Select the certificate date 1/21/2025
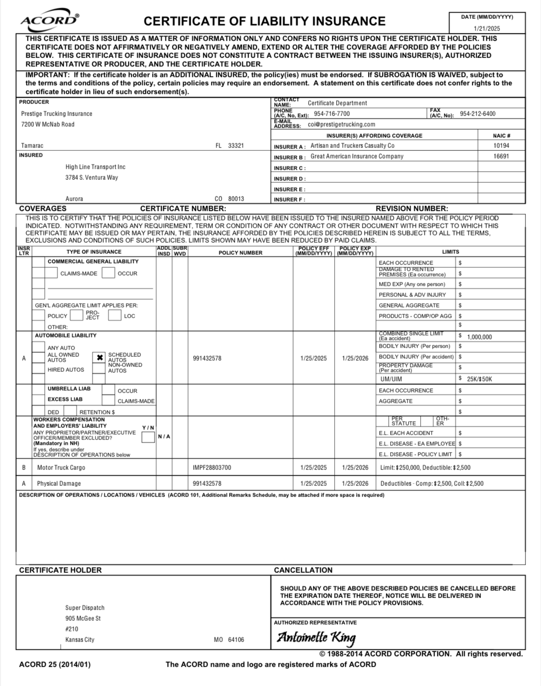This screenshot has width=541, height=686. pyautogui.click(x=487, y=29)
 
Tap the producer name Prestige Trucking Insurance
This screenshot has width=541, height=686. pyautogui.click(x=57, y=114)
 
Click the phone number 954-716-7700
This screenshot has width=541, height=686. pyautogui.click(x=332, y=114)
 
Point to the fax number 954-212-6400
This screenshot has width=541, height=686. pyautogui.click(x=477, y=114)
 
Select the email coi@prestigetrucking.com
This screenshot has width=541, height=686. pyautogui.click(x=341, y=124)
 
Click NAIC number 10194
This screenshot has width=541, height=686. pyautogui.click(x=501, y=146)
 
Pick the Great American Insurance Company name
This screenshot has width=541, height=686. pyautogui.click(x=356, y=156)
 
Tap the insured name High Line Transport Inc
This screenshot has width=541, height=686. pyautogui.click(x=95, y=167)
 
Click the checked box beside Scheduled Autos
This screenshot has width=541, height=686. pyautogui.click(x=99, y=358)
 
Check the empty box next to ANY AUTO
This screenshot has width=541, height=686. pyautogui.click(x=39, y=347)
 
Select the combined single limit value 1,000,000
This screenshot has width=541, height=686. pyautogui.click(x=479, y=337)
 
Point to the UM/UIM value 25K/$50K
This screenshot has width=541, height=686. pyautogui.click(x=479, y=379)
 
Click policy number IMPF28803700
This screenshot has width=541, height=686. pyautogui.click(x=212, y=467)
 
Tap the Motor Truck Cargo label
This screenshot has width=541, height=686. pyautogui.click(x=61, y=467)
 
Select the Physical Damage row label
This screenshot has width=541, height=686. pyautogui.click(x=59, y=483)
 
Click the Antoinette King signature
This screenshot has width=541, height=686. pyautogui.click(x=316, y=638)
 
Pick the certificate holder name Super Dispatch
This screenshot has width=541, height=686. pyautogui.click(x=85, y=608)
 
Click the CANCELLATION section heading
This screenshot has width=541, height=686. pyautogui.click(x=303, y=570)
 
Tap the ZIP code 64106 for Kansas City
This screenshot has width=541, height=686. pyautogui.click(x=236, y=640)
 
